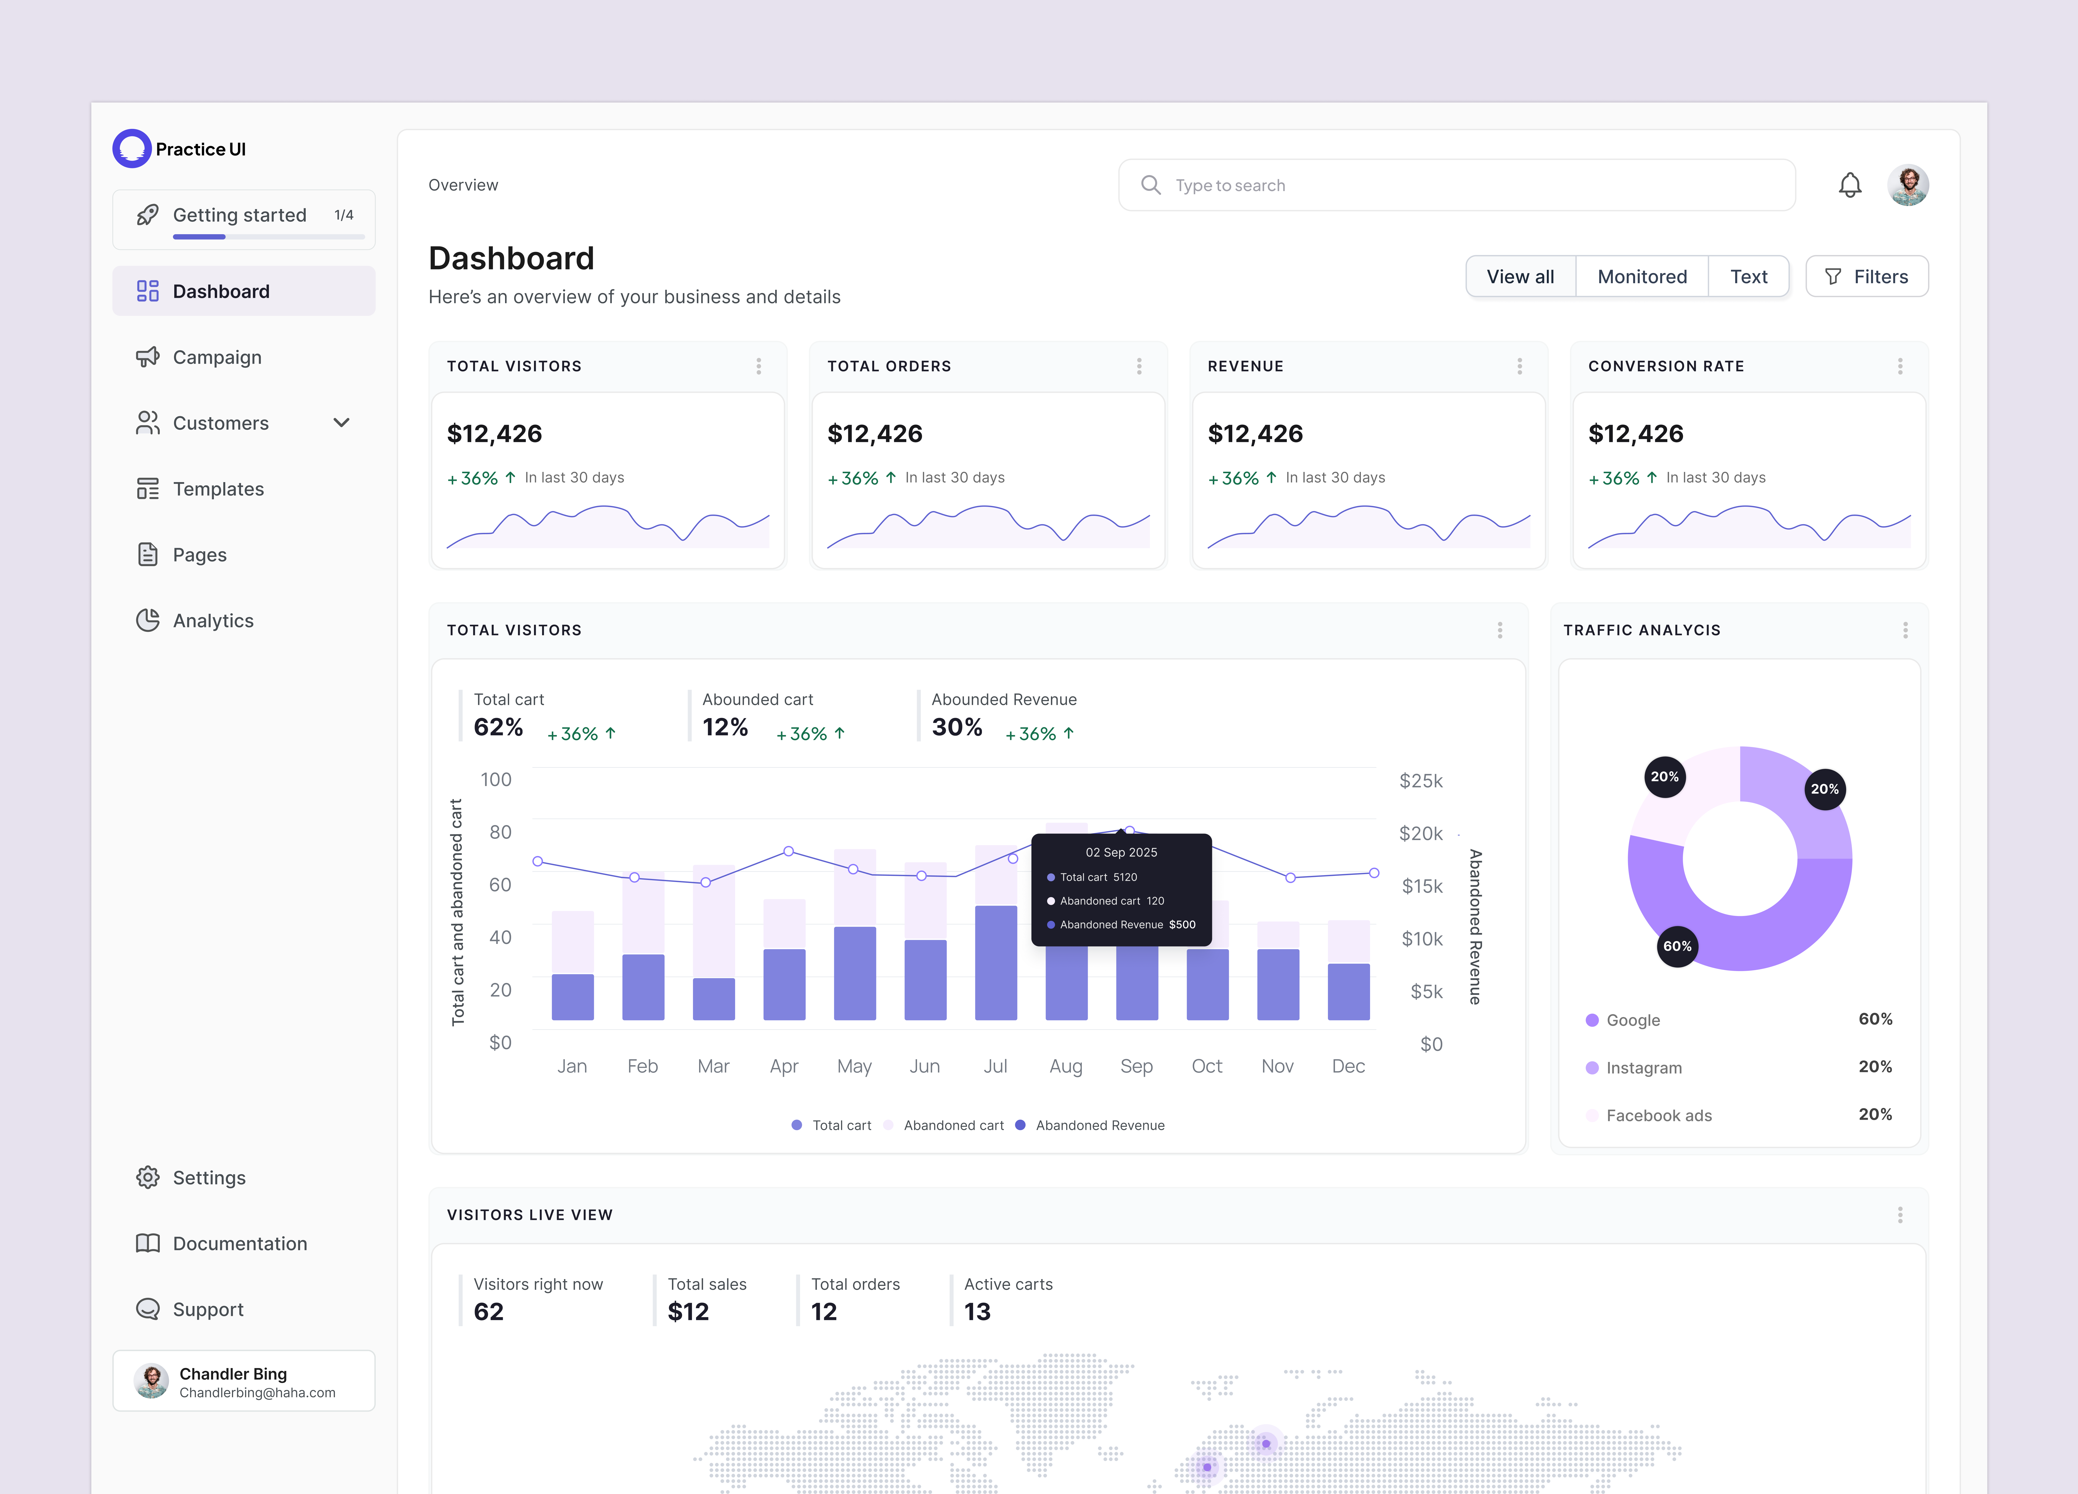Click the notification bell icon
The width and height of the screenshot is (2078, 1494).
1850,185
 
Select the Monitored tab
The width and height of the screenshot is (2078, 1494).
1642,277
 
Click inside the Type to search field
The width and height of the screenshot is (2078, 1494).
1457,185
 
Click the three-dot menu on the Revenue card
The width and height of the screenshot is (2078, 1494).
1519,367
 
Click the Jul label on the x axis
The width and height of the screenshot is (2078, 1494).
995,1066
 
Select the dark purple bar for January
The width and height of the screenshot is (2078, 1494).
573,997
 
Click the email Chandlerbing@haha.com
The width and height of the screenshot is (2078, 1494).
257,1392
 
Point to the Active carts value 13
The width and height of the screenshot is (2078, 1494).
978,1312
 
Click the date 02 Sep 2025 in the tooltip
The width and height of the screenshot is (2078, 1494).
1121,852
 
